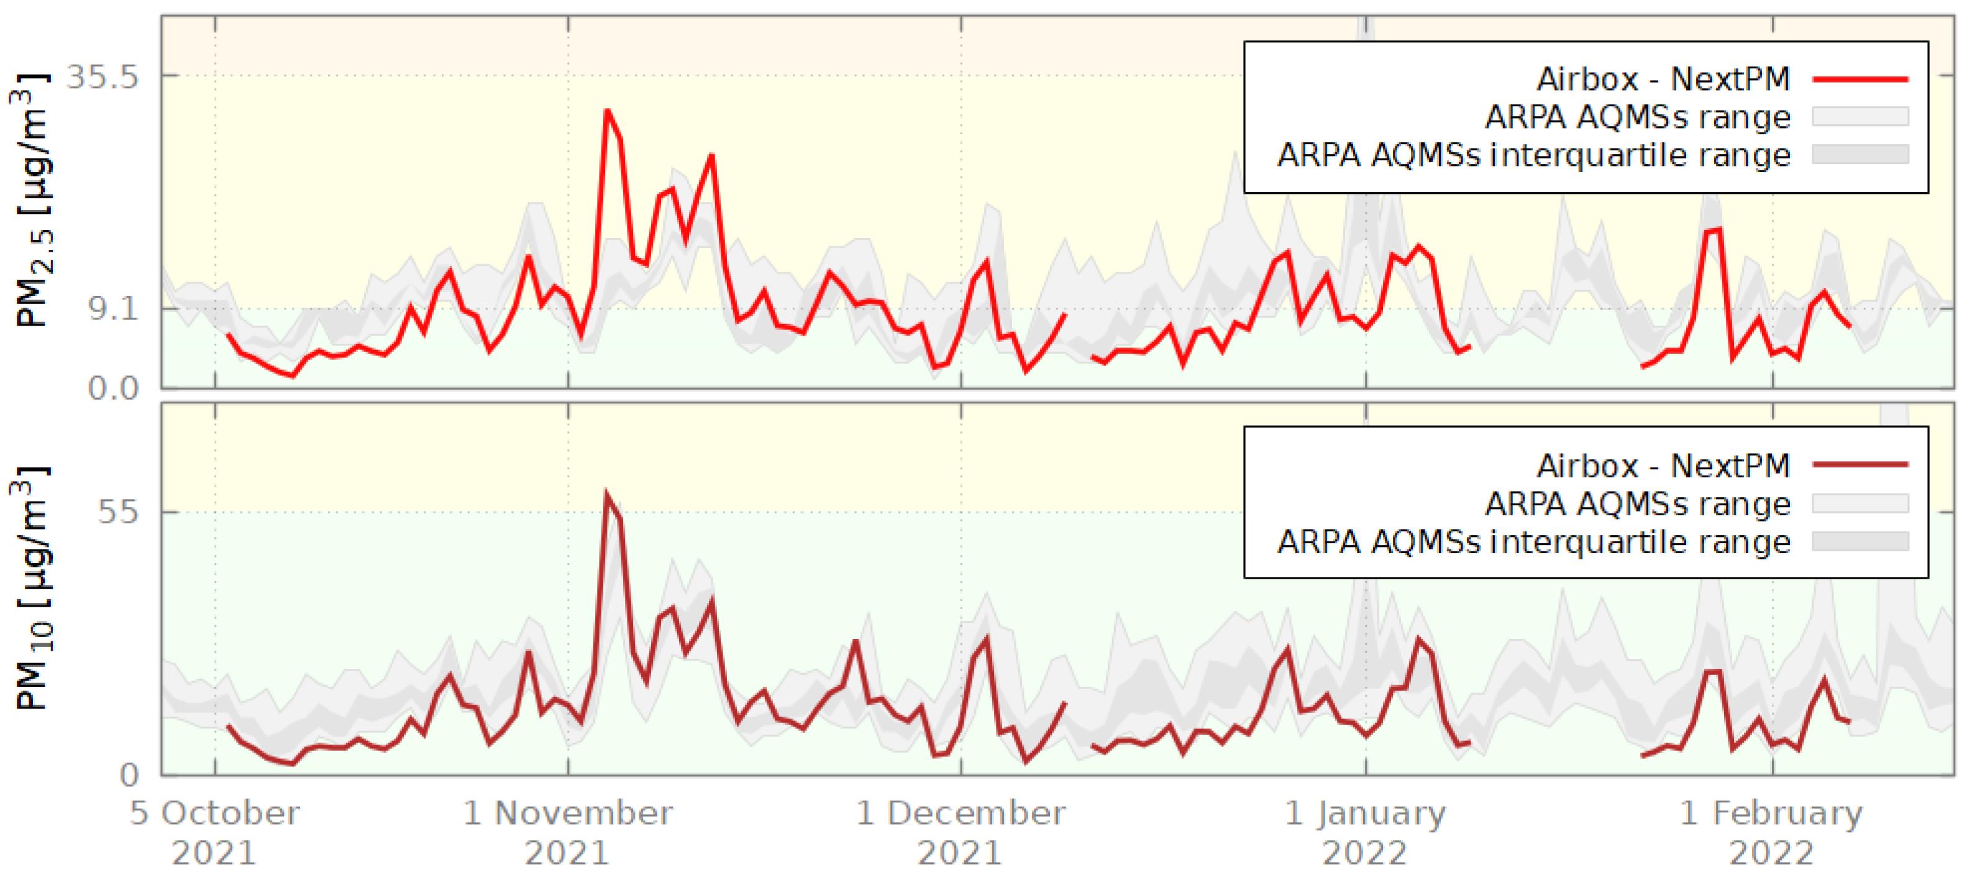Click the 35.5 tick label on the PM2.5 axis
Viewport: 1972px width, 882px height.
(103, 77)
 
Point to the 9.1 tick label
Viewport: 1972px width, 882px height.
(113, 310)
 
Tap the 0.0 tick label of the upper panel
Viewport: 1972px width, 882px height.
(112, 388)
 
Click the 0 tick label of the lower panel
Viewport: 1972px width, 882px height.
(129, 776)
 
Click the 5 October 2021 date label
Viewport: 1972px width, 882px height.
(214, 833)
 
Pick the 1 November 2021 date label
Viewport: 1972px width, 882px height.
(567, 833)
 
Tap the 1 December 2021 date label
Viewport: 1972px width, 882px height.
(960, 833)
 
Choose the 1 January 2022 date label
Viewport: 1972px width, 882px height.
(1365, 833)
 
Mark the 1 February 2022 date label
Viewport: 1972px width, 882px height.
(1771, 833)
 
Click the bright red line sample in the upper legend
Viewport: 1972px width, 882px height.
(1860, 79)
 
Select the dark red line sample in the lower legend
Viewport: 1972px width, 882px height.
(1860, 465)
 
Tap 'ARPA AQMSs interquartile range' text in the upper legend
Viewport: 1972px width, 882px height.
(1533, 155)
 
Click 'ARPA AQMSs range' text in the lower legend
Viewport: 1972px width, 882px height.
(1638, 504)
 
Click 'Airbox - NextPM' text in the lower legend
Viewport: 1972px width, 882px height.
(1663, 466)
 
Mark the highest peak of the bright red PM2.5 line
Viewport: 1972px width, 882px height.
(607, 111)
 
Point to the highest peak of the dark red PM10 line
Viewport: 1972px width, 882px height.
(606, 494)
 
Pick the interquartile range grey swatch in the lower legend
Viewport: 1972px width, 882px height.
(1860, 541)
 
